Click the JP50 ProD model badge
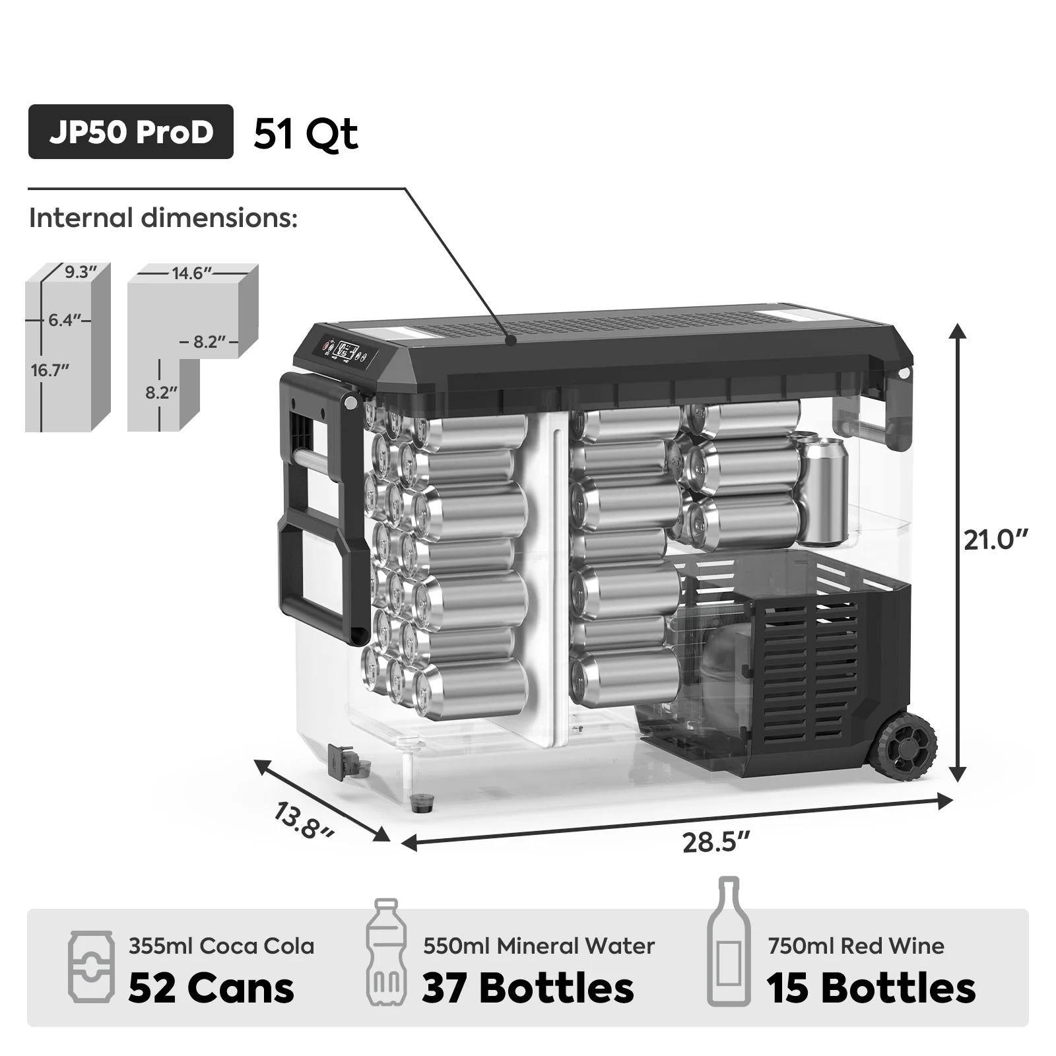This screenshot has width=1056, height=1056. click(131, 132)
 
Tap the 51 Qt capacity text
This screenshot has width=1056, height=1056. click(306, 134)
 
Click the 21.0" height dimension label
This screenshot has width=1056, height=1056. click(995, 540)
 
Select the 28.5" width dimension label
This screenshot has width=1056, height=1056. click(716, 843)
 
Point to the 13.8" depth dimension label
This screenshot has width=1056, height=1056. click(304, 821)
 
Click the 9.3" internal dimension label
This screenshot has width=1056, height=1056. click(81, 272)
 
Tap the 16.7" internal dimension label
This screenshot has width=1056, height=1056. click(50, 370)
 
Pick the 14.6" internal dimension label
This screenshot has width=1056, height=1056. click(191, 273)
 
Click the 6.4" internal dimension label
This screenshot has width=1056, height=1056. click(64, 320)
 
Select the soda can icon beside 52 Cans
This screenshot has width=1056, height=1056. click(91, 967)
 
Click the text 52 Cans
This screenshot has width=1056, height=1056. click(211, 988)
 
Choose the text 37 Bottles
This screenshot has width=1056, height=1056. click(528, 988)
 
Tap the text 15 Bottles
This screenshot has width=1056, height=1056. click(871, 988)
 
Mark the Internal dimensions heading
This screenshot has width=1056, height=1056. click(163, 218)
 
